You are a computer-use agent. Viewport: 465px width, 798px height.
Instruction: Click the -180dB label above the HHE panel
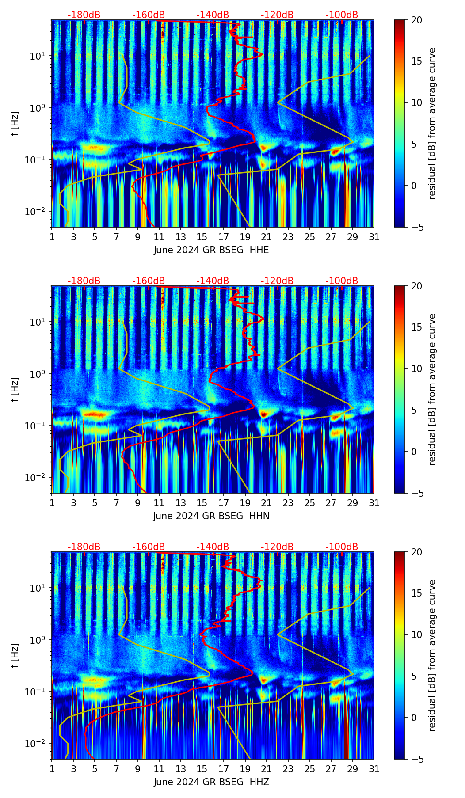point(84,15)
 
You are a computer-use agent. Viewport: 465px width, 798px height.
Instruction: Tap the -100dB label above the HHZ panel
point(342,547)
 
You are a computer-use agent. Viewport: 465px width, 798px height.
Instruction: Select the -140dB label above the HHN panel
point(213,281)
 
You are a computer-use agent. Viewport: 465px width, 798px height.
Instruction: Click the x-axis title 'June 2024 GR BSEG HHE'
point(211,250)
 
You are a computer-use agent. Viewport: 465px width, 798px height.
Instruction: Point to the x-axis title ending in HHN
point(211,516)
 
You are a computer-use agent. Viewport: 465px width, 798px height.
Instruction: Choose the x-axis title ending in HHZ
point(211,782)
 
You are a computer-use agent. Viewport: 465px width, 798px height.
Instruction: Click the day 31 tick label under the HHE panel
point(374,237)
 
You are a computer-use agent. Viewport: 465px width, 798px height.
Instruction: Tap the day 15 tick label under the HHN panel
point(202,503)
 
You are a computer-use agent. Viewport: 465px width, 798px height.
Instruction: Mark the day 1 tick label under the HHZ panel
point(52,769)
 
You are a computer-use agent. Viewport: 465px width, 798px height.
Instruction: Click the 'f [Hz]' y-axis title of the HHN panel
point(15,389)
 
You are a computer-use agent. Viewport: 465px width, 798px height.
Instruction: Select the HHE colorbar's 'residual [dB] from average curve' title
point(432,123)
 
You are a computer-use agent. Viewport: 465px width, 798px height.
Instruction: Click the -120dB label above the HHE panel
point(277,15)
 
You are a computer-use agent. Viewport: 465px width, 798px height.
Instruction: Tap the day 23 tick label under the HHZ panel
point(288,769)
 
